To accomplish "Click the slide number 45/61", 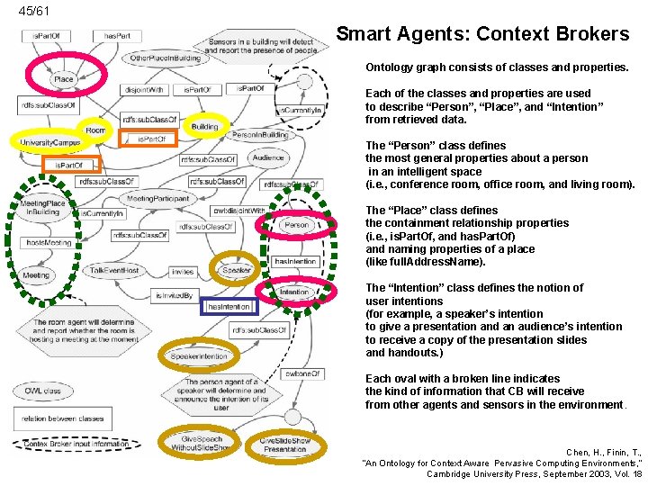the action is tap(34, 11).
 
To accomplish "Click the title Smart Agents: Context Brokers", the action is tap(482, 35).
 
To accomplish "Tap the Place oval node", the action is tap(64, 79).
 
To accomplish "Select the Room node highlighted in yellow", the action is tap(96, 130).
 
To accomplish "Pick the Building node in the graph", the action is tap(205, 127).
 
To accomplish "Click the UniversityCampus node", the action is tap(49, 142).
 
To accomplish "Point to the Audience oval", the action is tap(268, 157).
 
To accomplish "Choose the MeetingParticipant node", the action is tap(157, 198).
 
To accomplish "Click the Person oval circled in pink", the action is tap(296, 225).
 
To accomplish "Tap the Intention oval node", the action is tap(294, 292).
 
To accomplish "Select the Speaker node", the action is tap(237, 270).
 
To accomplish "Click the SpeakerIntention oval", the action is tap(199, 356).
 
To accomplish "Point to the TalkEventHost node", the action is tap(115, 271).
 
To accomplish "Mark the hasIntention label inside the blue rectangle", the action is tap(229, 307).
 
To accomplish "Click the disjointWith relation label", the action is tap(144, 90).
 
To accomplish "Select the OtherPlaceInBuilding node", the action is tap(166, 58).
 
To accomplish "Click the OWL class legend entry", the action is tap(43, 391).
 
